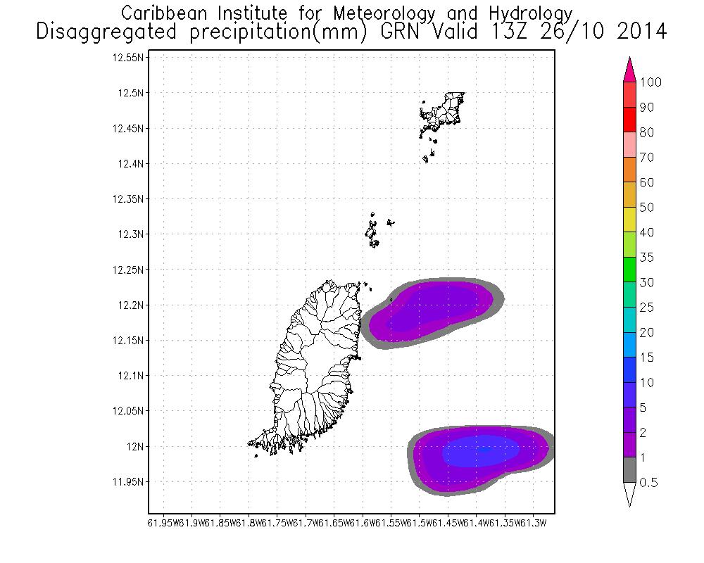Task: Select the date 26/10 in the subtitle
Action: pyautogui.click(x=571, y=32)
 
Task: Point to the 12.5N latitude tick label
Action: pyautogui.click(x=131, y=93)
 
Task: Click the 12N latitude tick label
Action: pyautogui.click(x=134, y=446)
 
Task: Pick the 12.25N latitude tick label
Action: pyautogui.click(x=129, y=270)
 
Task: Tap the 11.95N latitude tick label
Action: pyautogui.click(x=129, y=482)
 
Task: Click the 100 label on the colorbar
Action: pyautogui.click(x=650, y=83)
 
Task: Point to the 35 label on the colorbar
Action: pyautogui.click(x=646, y=258)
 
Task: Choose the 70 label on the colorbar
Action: pyautogui.click(x=646, y=158)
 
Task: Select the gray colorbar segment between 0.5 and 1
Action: pyautogui.click(x=630, y=470)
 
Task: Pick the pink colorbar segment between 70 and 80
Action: pyautogui.click(x=630, y=145)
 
